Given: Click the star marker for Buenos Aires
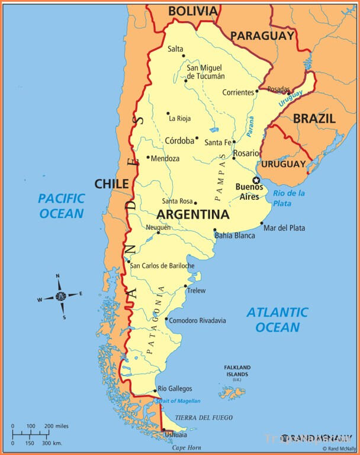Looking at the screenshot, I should click(x=256, y=180).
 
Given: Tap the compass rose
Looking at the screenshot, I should click(x=60, y=296).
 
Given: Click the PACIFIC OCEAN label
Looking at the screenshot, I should click(x=62, y=206).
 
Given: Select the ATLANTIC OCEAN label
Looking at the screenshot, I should click(x=277, y=319).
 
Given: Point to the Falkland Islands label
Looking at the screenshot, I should click(x=237, y=371).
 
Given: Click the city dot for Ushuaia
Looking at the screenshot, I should click(x=163, y=430).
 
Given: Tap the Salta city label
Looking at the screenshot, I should click(x=175, y=49).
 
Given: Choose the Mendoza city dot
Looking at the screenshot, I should click(x=148, y=158).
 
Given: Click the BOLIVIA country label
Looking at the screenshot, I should click(x=192, y=11).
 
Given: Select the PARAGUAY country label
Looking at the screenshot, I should click(x=262, y=36).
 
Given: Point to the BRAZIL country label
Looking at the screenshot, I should click(x=314, y=118).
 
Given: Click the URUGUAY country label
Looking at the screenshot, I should click(x=284, y=164).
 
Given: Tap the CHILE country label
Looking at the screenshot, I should click(x=111, y=184).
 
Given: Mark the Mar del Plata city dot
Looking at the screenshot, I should click(x=262, y=223).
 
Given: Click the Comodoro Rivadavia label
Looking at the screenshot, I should click(x=197, y=321).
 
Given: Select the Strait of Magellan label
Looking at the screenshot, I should click(x=178, y=401).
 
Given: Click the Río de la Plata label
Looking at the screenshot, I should click(x=289, y=198).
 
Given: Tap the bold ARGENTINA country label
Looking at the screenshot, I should click(x=193, y=214).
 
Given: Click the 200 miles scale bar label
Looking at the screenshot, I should click(x=57, y=426).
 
